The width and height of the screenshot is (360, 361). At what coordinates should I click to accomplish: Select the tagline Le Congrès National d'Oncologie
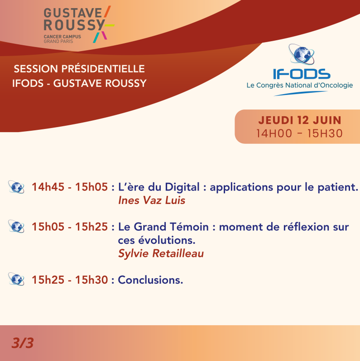(299, 85)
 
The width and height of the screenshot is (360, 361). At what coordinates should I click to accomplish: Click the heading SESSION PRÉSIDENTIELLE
(79, 69)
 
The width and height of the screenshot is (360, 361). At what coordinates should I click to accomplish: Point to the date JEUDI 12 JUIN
(299, 121)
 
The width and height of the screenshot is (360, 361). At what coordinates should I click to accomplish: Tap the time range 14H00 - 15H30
(299, 133)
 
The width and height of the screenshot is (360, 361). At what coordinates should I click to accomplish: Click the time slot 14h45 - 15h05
(70, 187)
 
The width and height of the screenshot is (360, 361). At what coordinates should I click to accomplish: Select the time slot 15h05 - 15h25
(70, 227)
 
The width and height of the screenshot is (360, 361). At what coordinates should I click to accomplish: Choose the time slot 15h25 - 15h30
(70, 280)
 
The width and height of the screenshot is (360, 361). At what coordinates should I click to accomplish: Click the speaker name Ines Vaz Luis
(151, 200)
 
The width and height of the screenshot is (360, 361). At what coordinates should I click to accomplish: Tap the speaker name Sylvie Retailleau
(161, 253)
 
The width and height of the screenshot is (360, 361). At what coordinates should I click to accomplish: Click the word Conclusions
(150, 280)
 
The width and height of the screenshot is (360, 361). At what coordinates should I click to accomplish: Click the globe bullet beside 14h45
(16, 187)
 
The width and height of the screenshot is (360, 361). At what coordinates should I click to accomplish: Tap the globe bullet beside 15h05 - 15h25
(16, 227)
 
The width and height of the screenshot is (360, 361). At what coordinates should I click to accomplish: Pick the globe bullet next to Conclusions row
(16, 280)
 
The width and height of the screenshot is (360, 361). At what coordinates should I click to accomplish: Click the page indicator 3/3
(23, 343)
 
